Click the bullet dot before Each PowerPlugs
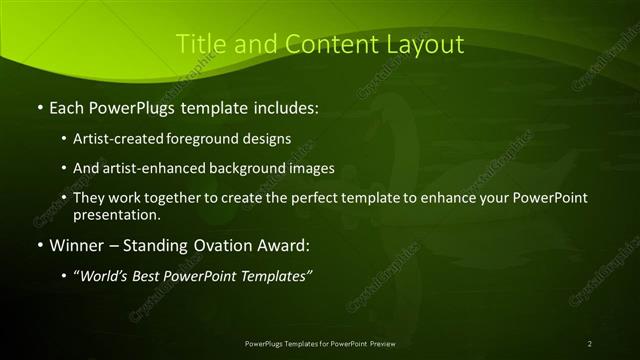[38, 105]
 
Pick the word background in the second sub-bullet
[246, 168]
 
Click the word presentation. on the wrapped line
[116, 214]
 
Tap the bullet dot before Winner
[38, 246]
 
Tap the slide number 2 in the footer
[589, 344]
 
